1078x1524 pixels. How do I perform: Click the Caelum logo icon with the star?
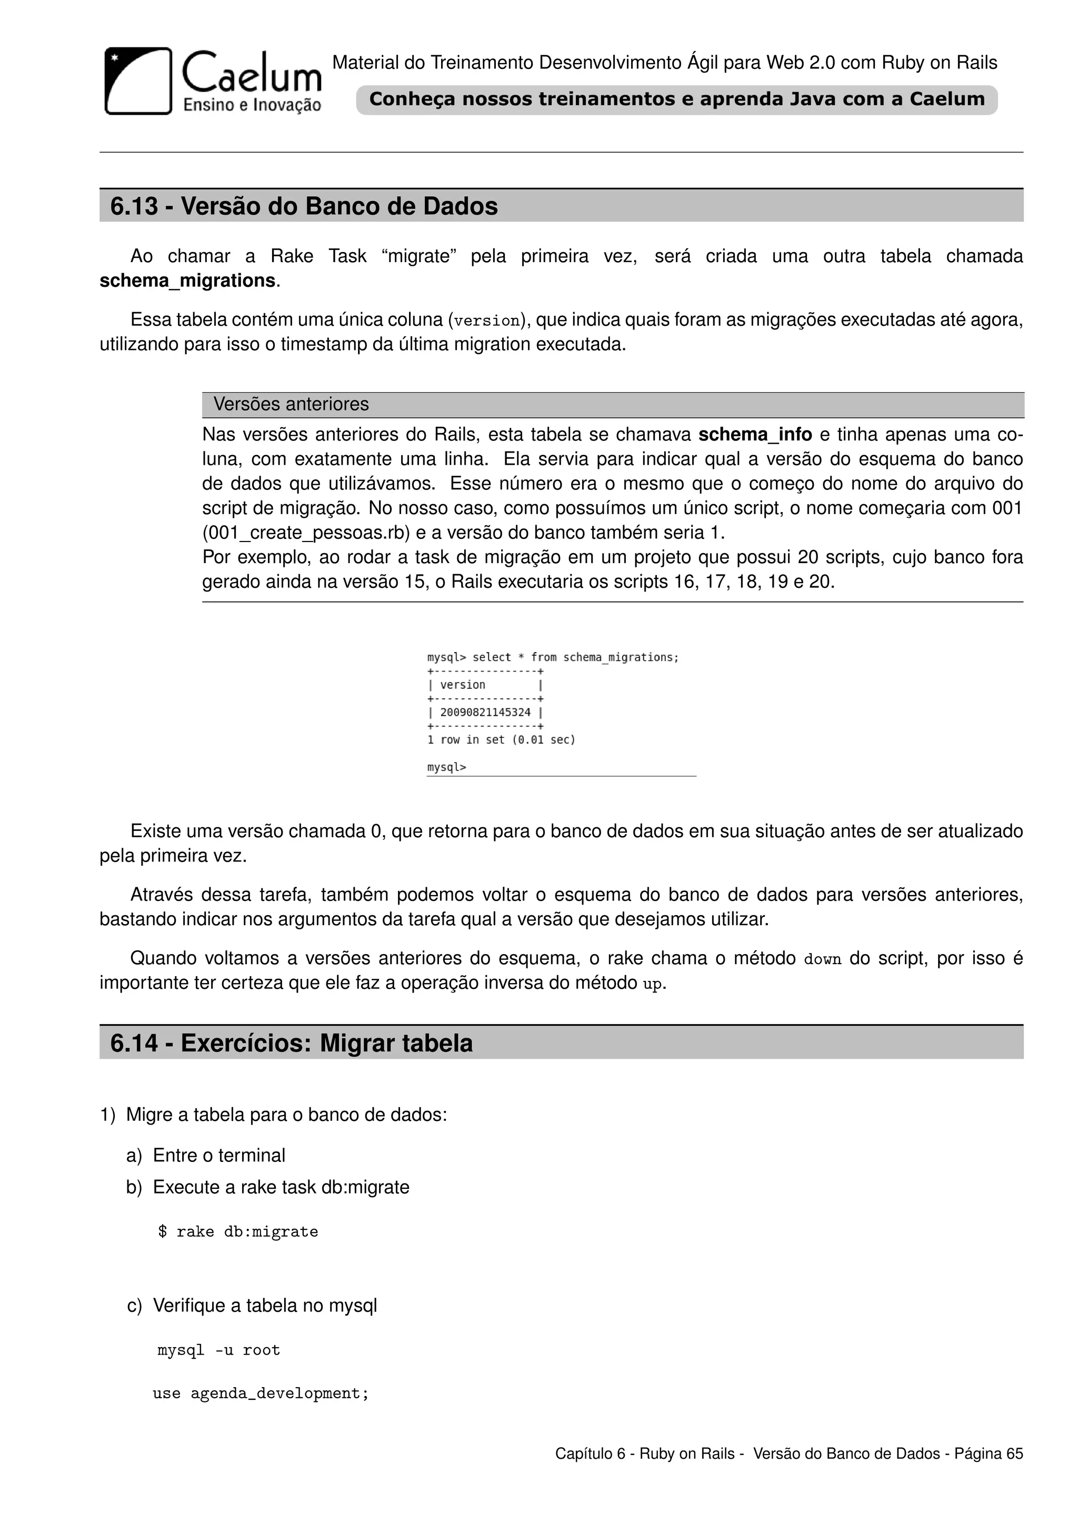(x=138, y=81)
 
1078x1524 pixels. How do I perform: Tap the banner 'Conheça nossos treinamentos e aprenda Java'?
(x=676, y=99)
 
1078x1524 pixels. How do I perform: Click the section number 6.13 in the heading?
(x=134, y=206)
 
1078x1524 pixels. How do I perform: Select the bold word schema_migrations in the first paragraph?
(x=187, y=281)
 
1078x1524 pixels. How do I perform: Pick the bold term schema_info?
(x=755, y=435)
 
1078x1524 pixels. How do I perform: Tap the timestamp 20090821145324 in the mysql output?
(x=485, y=712)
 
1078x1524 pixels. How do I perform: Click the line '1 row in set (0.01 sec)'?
(x=501, y=739)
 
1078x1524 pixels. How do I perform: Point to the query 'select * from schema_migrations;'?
(x=575, y=657)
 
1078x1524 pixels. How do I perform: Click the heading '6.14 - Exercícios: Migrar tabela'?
(x=292, y=1044)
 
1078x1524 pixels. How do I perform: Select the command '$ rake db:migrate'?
(x=237, y=1232)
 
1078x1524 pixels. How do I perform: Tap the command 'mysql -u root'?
(x=218, y=1350)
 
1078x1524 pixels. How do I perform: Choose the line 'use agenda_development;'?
(x=260, y=1393)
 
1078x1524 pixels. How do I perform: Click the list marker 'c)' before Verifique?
(x=134, y=1306)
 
